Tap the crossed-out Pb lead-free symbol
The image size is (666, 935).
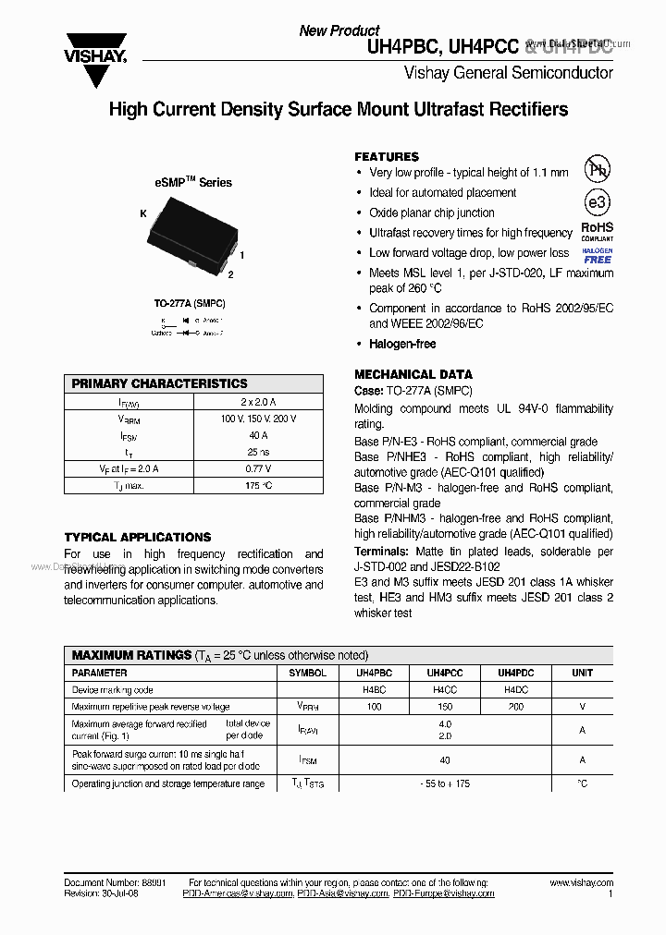click(x=598, y=169)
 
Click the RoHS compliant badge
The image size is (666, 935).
click(x=597, y=231)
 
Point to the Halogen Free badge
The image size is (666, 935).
click(x=597, y=256)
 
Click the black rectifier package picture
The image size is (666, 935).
click(x=191, y=236)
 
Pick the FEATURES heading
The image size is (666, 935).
click(x=387, y=157)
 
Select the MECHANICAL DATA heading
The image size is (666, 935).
click(x=413, y=374)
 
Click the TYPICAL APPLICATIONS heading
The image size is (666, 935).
click(x=138, y=537)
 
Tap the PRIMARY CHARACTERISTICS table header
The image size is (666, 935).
click(x=160, y=383)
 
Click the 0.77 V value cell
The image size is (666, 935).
click(x=257, y=468)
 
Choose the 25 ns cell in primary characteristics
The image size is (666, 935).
click(x=257, y=452)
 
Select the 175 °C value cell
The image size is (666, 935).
click(x=257, y=485)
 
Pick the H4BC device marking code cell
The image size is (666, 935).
click(x=375, y=690)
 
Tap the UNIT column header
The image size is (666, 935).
click(x=582, y=674)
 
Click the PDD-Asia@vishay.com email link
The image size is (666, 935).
click(x=343, y=894)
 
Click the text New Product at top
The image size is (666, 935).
click(x=339, y=30)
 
